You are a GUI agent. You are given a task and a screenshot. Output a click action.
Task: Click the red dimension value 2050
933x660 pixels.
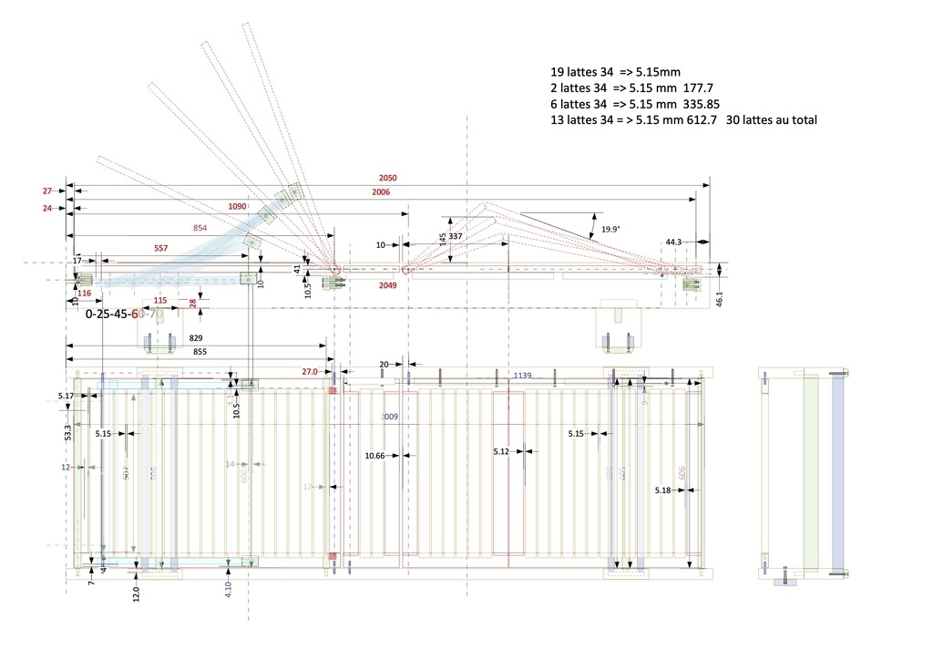pyautogui.click(x=388, y=178)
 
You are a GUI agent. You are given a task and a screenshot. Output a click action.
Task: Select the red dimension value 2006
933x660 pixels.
pyautogui.click(x=381, y=192)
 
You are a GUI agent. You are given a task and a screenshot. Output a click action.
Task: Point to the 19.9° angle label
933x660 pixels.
pyautogui.click(x=610, y=230)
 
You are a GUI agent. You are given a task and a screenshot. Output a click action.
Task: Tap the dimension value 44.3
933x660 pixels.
pyautogui.click(x=673, y=242)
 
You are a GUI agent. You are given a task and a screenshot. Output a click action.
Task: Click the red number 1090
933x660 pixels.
pyautogui.click(x=237, y=207)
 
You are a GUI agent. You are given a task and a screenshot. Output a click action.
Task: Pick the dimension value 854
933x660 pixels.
pyautogui.click(x=200, y=227)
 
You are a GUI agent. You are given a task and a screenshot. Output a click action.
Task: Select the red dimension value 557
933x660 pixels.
pyautogui.click(x=161, y=248)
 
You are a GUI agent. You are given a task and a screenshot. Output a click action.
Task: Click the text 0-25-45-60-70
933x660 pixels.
pyautogui.click(x=125, y=314)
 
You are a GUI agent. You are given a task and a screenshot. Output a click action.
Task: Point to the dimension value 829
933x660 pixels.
pyautogui.click(x=196, y=338)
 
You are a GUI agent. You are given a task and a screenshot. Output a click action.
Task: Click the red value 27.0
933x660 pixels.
pyautogui.click(x=310, y=372)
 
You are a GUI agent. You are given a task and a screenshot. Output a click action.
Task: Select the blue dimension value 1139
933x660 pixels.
pyautogui.click(x=522, y=376)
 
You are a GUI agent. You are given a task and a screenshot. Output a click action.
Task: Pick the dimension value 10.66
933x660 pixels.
pyautogui.click(x=374, y=455)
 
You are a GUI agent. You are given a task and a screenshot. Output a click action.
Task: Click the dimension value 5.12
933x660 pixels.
pyautogui.click(x=502, y=451)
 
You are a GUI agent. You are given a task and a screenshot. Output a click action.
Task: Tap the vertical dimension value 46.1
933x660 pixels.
pyautogui.click(x=719, y=299)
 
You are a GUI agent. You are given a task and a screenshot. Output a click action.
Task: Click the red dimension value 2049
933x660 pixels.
pyautogui.click(x=389, y=285)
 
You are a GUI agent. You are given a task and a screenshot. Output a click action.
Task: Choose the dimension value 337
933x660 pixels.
pyautogui.click(x=455, y=237)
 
